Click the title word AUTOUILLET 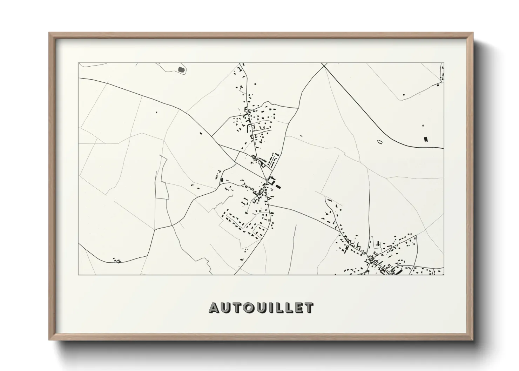point(261,308)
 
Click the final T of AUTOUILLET point(309,308)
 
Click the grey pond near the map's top point(181,69)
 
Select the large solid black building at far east point(426,139)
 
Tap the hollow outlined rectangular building point(379,141)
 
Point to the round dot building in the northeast point(404,95)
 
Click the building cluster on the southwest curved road point(116,260)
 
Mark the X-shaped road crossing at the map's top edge point(323,66)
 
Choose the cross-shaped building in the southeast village point(378,243)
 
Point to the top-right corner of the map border point(444,63)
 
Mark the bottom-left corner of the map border point(79,275)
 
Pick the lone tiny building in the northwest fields point(156,112)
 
